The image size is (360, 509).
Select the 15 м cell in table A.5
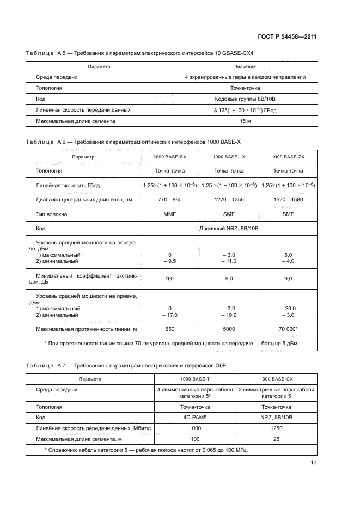(x=245, y=121)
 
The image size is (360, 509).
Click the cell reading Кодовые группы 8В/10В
(x=245, y=99)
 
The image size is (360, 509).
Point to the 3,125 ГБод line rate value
(x=245, y=110)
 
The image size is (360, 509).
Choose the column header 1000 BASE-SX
(x=170, y=156)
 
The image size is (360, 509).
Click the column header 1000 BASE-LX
(x=228, y=156)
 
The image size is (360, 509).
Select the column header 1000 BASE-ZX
(x=288, y=156)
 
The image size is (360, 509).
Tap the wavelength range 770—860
(x=170, y=200)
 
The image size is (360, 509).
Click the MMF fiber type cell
(x=170, y=214)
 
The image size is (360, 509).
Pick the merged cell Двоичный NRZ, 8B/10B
(x=229, y=229)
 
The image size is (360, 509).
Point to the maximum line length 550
(x=170, y=329)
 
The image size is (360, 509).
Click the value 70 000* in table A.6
(x=288, y=329)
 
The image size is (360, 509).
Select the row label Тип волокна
(x=52, y=214)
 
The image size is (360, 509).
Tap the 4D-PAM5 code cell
(x=195, y=418)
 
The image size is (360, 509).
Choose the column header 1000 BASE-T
(x=195, y=378)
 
